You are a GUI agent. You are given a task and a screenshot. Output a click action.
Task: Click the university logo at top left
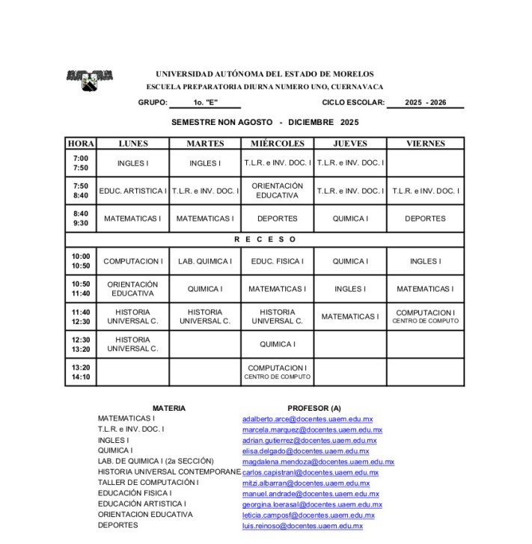(90, 79)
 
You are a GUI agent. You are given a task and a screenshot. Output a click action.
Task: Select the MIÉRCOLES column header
(278, 143)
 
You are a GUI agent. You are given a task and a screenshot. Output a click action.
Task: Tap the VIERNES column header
(425, 143)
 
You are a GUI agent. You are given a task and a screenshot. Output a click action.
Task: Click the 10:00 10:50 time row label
(81, 261)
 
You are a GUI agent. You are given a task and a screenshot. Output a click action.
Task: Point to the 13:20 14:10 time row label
(81, 372)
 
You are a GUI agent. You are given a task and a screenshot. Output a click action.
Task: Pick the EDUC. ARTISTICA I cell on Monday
(133, 191)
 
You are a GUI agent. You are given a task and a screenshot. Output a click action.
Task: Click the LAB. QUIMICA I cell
(205, 261)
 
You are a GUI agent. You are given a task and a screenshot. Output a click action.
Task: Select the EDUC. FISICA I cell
(278, 261)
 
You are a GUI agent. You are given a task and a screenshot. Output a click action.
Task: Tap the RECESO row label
(265, 239)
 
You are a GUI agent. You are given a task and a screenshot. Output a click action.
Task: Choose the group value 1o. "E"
(205, 103)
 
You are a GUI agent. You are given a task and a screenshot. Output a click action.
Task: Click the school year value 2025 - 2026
(425, 103)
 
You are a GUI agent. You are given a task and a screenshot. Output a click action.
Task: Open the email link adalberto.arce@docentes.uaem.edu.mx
(308, 419)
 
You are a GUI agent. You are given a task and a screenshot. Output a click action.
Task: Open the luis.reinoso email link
(302, 526)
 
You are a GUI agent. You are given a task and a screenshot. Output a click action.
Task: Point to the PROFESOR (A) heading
(314, 408)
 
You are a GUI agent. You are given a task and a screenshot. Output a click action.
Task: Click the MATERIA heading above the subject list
(169, 408)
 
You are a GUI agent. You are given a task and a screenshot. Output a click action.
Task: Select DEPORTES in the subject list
(118, 525)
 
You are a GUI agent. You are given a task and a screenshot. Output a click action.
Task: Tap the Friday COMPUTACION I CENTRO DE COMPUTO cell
(425, 317)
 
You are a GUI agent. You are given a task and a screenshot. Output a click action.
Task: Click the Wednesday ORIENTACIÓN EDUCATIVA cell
(278, 191)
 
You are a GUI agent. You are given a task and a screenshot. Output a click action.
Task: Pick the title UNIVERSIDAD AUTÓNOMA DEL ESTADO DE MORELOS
(264, 74)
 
